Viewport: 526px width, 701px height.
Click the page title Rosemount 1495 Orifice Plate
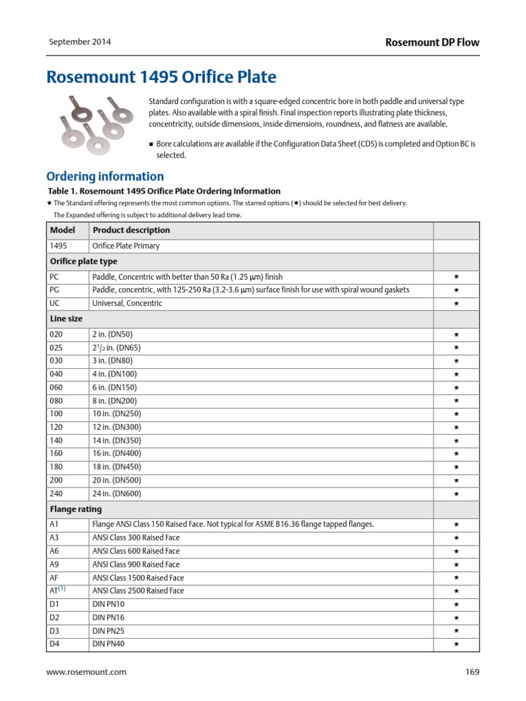tap(161, 77)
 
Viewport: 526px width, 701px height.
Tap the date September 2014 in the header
tap(79, 42)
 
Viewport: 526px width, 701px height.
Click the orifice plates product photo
tap(92, 124)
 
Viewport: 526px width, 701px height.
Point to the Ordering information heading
tap(105, 176)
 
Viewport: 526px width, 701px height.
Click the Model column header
tap(62, 230)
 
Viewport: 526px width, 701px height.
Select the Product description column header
tap(131, 230)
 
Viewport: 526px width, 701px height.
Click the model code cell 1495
tap(58, 246)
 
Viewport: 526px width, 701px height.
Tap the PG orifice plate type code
tap(55, 290)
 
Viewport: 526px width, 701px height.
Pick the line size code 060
tap(57, 387)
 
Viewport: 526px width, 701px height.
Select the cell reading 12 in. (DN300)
tap(117, 427)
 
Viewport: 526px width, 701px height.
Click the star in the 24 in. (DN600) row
tap(456, 494)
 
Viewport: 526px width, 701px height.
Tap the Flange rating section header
tap(76, 509)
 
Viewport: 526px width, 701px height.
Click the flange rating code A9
tap(55, 564)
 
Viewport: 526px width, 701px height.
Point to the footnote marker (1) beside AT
tap(62, 589)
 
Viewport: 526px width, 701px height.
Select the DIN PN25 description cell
tap(108, 630)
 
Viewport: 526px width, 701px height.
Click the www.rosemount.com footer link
tap(86, 672)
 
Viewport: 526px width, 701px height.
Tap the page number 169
tap(472, 672)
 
